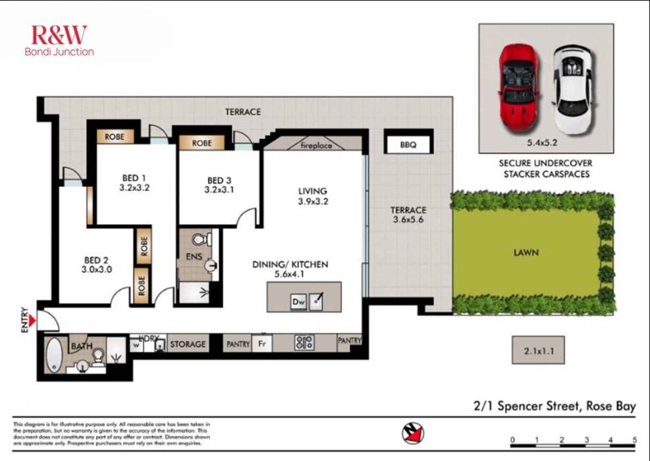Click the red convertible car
[x=519, y=89]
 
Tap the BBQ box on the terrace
[x=408, y=144]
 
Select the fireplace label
[x=316, y=145]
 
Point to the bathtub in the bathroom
[x=54, y=355]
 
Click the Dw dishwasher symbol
[x=298, y=302]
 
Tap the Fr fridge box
[x=262, y=343]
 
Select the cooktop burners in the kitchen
[x=304, y=343]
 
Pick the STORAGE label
[x=188, y=344]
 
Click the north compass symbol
[x=413, y=433]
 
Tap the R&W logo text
[x=59, y=35]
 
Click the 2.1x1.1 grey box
[x=538, y=350]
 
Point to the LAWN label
[x=526, y=253]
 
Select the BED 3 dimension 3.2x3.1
[x=219, y=190]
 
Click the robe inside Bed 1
[x=114, y=137]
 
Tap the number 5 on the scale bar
[x=634, y=439]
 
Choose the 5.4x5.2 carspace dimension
[x=542, y=143]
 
